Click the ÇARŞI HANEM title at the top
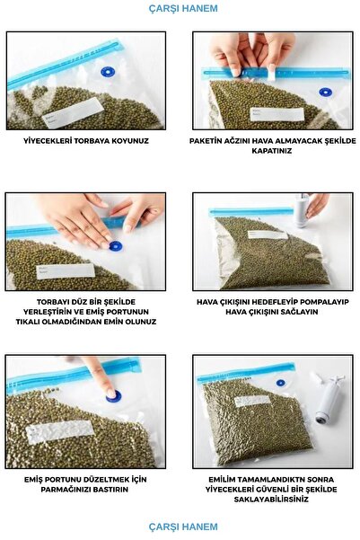click(183, 8)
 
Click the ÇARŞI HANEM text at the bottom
click(183, 527)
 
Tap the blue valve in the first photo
click(108, 72)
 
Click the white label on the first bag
click(73, 112)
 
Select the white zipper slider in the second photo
click(271, 73)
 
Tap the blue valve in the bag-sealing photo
click(325, 92)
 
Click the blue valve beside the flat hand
click(115, 246)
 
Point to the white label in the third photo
click(66, 271)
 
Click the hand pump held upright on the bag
click(302, 210)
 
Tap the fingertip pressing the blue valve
click(110, 393)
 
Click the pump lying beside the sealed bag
click(327, 400)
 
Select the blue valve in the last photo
click(281, 383)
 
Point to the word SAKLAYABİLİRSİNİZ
click(271, 500)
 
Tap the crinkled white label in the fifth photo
click(59, 431)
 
